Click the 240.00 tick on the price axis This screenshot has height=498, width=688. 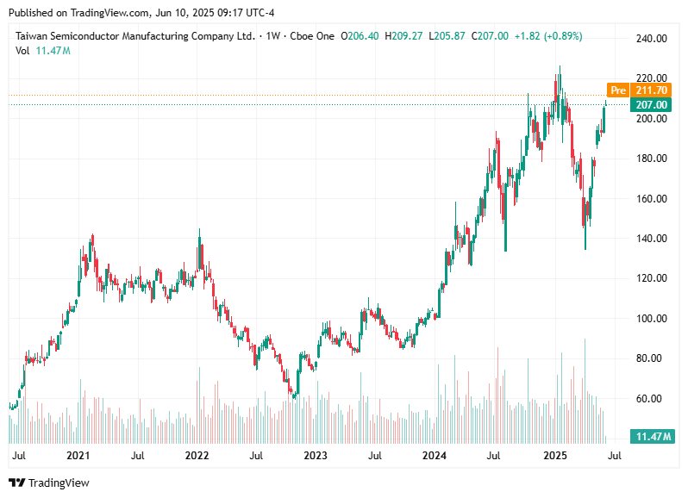pyautogui.click(x=651, y=38)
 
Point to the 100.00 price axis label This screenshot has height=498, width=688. pyautogui.click(x=651, y=318)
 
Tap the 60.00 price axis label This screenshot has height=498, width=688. pyautogui.click(x=651, y=398)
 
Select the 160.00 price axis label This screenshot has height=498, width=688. pyautogui.click(x=651, y=198)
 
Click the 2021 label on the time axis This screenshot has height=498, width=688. pyautogui.click(x=78, y=455)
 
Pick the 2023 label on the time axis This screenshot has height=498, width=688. pyautogui.click(x=316, y=455)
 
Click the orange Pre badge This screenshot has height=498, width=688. pyautogui.click(x=617, y=90)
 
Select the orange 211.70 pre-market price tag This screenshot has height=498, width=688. pyautogui.click(x=651, y=90)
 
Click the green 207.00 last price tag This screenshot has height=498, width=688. pyautogui.click(x=651, y=105)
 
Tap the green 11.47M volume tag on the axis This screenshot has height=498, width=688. pyautogui.click(x=651, y=437)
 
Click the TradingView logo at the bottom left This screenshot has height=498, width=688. pyautogui.click(x=49, y=482)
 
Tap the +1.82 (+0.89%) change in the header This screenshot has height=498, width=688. pyautogui.click(x=548, y=36)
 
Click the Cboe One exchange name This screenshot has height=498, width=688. pyautogui.click(x=311, y=36)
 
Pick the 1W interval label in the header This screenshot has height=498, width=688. pyautogui.click(x=273, y=36)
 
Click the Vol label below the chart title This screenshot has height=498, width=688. pyautogui.click(x=23, y=51)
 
